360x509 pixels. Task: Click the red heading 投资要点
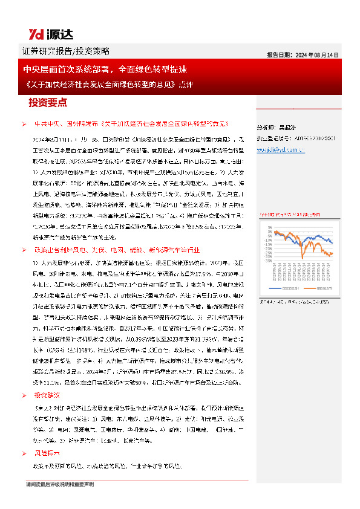48,102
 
